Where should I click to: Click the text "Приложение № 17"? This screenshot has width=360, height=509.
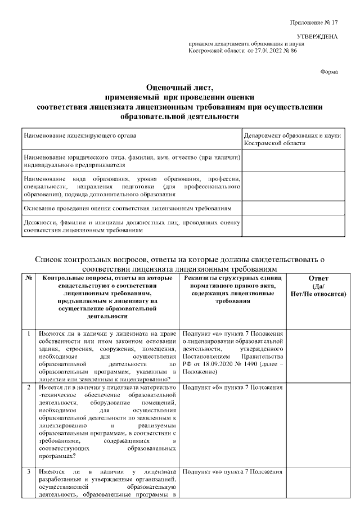pyautogui.click(x=314, y=22)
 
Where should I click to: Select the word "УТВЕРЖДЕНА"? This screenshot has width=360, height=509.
pyautogui.click(x=317, y=37)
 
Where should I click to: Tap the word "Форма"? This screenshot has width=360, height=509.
pyautogui.click(x=328, y=73)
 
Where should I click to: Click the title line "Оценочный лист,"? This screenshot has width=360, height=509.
pyautogui.click(x=179, y=87)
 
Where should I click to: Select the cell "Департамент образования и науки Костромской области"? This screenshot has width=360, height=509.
pyautogui.click(x=292, y=139)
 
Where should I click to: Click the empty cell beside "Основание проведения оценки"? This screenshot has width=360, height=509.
pyautogui.click(x=292, y=208)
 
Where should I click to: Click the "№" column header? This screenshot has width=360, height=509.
pyautogui.click(x=28, y=278)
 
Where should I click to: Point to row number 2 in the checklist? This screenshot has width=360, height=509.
pyautogui.click(x=29, y=388)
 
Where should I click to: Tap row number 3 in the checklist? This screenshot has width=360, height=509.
pyautogui.click(x=29, y=471)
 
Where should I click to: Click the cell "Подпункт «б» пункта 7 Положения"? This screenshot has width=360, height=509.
pyautogui.click(x=232, y=388)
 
